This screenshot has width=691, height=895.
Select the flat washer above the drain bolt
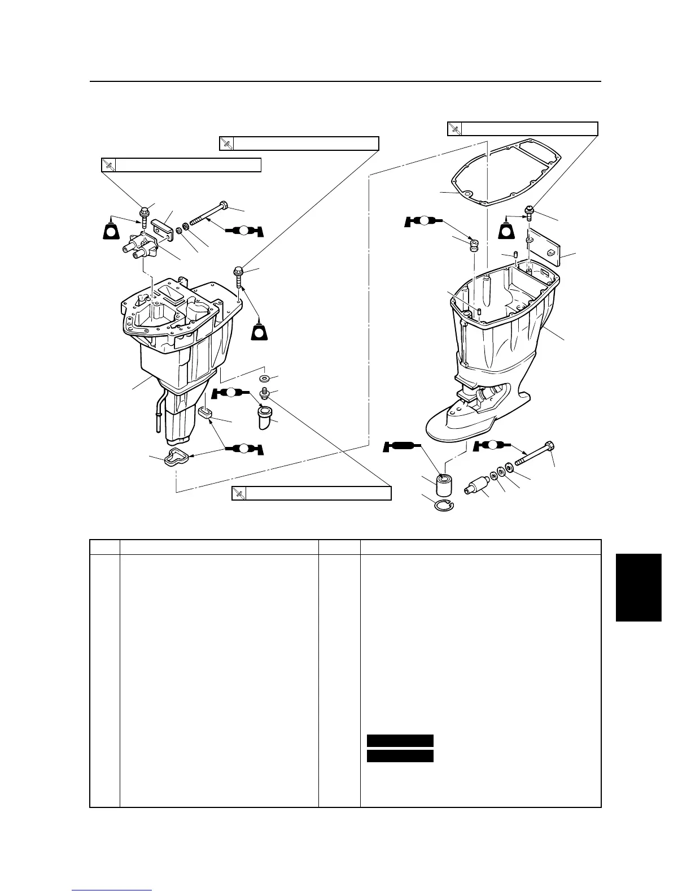[x=264, y=378]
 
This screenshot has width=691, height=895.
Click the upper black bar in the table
[x=400, y=741]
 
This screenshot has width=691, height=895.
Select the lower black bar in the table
[x=400, y=755]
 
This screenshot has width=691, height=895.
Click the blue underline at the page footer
[x=112, y=891]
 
